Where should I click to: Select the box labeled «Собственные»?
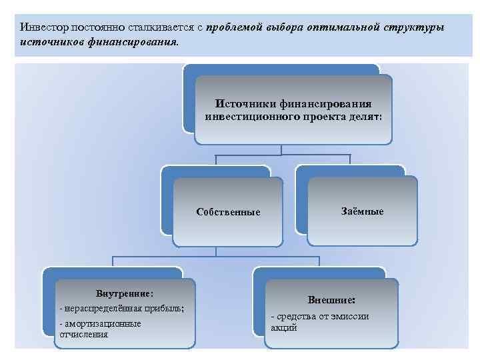pyautogui.click(x=228, y=212)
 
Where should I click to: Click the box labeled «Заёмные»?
pyautogui.click(x=362, y=211)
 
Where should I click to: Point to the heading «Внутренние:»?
pyautogui.click(x=125, y=293)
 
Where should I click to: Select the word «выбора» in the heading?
pyautogui.click(x=284, y=28)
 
